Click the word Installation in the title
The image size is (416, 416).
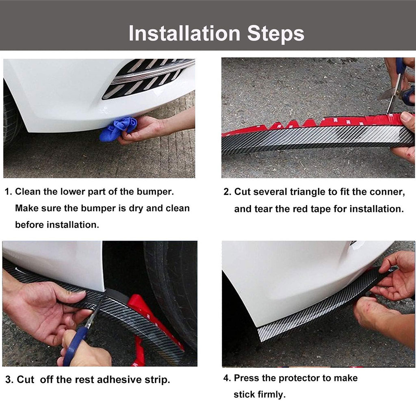[x=184, y=33]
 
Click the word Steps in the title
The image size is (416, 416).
[x=276, y=34]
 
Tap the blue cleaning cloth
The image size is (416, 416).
[x=119, y=128]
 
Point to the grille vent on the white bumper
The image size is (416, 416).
[x=149, y=78]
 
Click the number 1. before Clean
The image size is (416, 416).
[x=9, y=192]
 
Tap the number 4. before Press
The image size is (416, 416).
[x=227, y=378]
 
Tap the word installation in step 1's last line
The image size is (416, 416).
[x=73, y=225]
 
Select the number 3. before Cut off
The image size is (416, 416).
[x=10, y=380]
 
